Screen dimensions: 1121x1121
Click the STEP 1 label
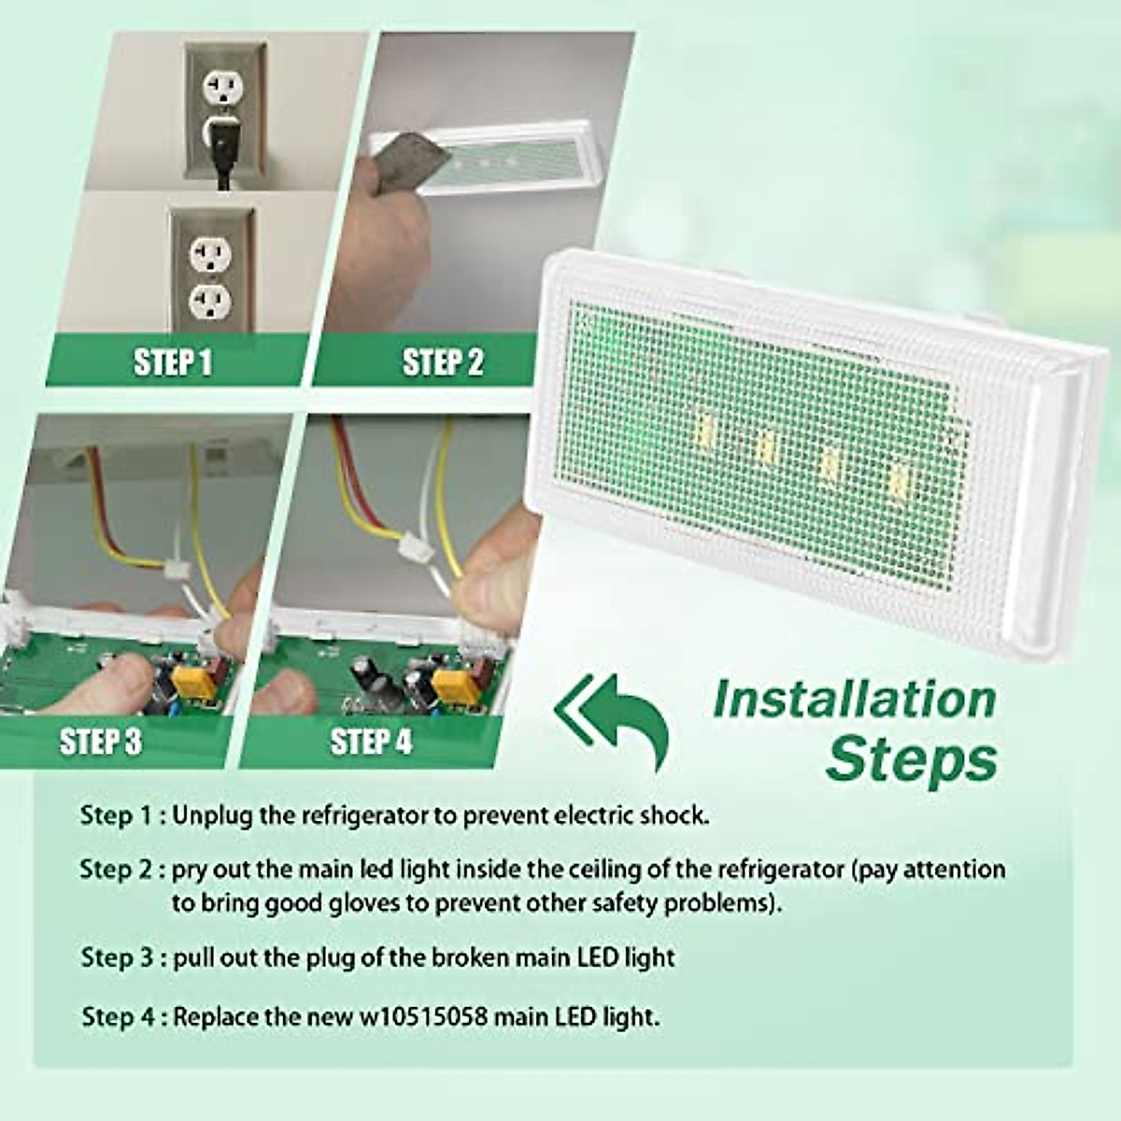coord(173,362)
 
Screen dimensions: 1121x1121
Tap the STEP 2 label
coord(443,362)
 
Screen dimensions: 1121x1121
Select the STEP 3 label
coord(100,742)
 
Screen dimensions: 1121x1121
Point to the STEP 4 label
coord(371,742)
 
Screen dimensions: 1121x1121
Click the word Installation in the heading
coord(854,700)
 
